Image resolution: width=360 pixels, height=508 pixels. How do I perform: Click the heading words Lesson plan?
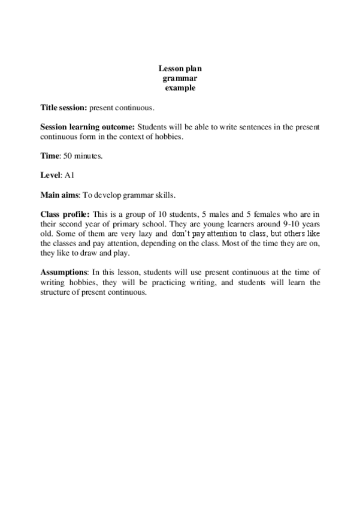(x=180, y=69)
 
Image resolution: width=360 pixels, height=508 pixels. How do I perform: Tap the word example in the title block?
(x=180, y=88)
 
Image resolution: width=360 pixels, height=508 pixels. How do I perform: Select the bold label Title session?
(x=63, y=108)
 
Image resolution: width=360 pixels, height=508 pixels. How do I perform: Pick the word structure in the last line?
(x=56, y=292)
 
